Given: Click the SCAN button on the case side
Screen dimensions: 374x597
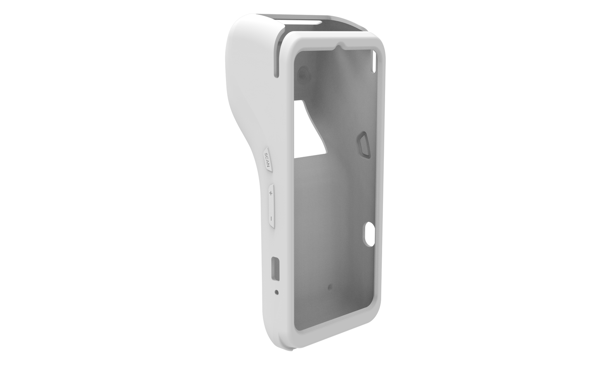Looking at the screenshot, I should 267,159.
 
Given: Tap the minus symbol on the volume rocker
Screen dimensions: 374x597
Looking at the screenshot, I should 271,218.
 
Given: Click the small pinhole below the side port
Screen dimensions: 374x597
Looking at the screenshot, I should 276,292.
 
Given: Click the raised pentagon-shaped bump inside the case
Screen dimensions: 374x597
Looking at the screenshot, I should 363,145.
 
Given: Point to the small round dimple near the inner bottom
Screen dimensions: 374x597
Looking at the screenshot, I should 329,286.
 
